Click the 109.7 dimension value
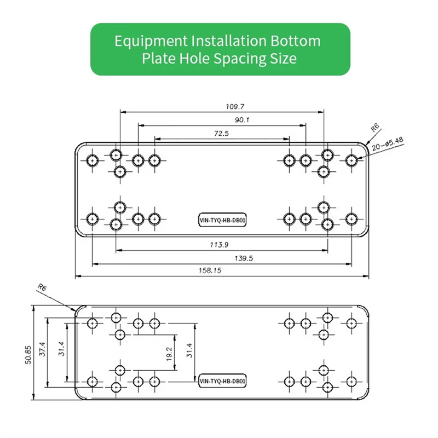235,106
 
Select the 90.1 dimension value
242,120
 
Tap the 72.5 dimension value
222,133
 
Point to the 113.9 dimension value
220,245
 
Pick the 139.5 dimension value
244,258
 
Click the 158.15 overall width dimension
210,270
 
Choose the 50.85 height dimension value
28,355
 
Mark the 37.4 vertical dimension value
43,349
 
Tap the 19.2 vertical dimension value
169,354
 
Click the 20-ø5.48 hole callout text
388,143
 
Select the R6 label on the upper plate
375,128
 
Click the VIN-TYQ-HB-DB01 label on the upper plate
222,220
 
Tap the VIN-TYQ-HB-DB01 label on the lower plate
222,381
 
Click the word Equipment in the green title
151,42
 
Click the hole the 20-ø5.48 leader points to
351,160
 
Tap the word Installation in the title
229,41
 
